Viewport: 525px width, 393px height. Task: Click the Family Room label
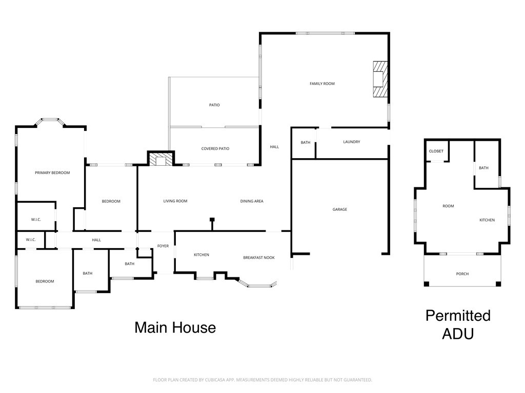tap(322, 83)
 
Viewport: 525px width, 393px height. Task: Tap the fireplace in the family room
tap(380, 79)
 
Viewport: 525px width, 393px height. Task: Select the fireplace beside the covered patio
tap(161, 159)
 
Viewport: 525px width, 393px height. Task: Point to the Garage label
tap(339, 209)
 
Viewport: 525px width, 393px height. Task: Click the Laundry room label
tap(352, 142)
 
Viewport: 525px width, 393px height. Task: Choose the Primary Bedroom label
tap(52, 173)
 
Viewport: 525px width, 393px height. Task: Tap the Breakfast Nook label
tap(259, 258)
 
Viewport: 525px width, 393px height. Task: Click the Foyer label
tap(163, 246)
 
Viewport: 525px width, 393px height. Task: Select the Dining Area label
tap(252, 201)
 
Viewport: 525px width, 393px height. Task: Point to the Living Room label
tap(175, 201)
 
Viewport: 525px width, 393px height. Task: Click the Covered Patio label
tap(215, 149)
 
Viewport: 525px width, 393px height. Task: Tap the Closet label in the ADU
tap(436, 151)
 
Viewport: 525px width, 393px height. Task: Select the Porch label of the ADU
tap(462, 274)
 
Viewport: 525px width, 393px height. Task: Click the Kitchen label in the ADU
tap(487, 220)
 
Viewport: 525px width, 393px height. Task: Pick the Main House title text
tap(175, 327)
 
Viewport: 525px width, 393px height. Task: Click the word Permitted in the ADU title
tap(458, 315)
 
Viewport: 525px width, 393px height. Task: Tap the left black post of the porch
tap(427, 284)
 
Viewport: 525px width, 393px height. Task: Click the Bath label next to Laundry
tap(306, 142)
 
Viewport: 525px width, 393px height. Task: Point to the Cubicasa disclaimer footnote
tap(262, 380)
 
